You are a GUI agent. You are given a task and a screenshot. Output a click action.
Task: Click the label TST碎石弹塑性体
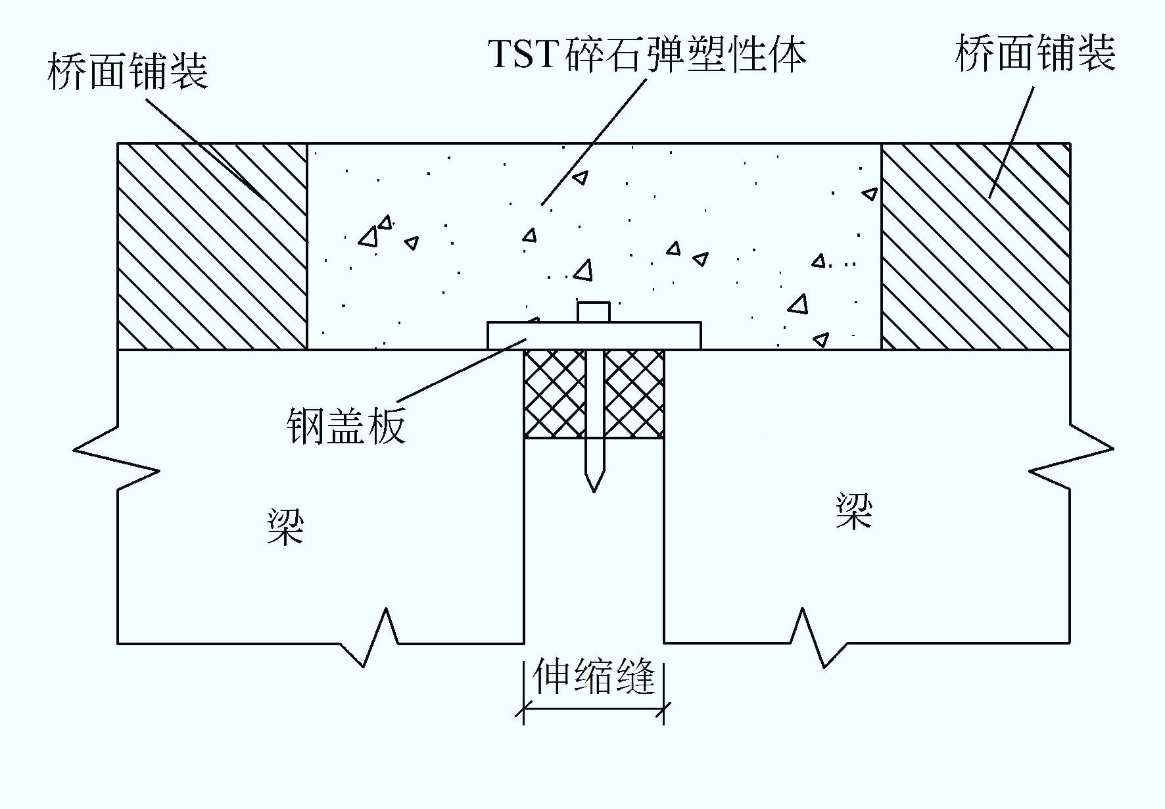tap(648, 53)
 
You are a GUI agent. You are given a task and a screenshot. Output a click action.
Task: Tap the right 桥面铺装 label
tap(1035, 53)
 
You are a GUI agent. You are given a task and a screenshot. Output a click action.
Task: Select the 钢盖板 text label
tap(346, 426)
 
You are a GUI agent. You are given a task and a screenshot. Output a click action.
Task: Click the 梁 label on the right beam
tap(854, 511)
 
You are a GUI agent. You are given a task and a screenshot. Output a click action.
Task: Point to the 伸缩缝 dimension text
tap(594, 676)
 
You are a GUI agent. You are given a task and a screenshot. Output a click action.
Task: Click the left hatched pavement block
tap(212, 246)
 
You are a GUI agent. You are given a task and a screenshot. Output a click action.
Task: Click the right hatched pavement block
tap(976, 246)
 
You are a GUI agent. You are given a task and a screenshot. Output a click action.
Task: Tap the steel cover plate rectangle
tap(594, 335)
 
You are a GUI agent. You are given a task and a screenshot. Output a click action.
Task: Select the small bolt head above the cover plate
tap(594, 312)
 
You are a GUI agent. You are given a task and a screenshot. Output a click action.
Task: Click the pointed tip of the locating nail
tap(594, 491)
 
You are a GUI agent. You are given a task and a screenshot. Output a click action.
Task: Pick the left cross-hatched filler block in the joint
tap(554, 393)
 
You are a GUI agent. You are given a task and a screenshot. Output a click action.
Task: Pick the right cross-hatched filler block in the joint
tap(634, 393)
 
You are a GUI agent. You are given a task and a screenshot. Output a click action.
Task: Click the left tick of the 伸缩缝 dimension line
tap(524, 709)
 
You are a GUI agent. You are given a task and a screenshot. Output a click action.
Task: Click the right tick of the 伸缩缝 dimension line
tap(664, 709)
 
